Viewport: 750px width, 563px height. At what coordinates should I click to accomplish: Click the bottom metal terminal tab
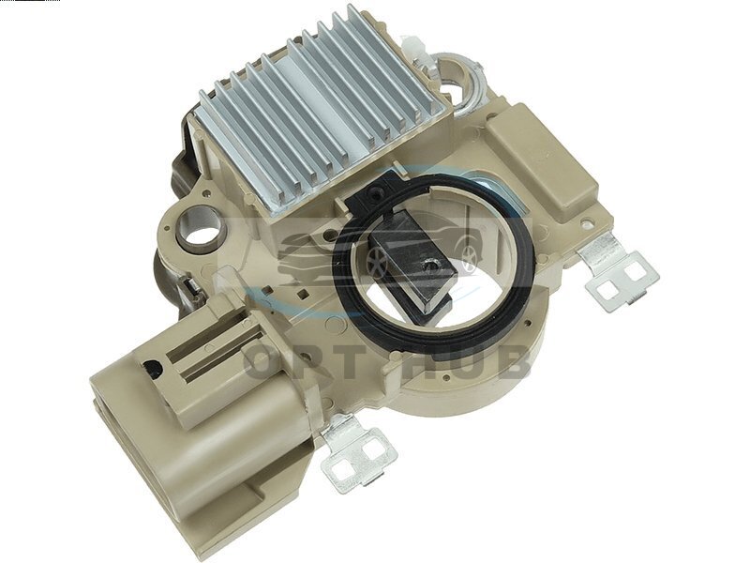(355, 453)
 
